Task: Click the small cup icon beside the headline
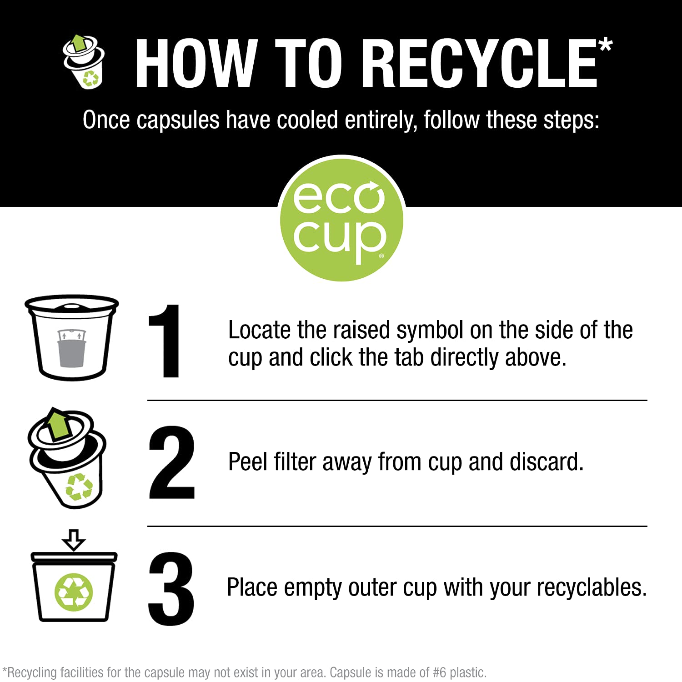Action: [x=84, y=61]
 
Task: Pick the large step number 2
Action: [x=172, y=462]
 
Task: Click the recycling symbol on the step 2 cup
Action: [x=79, y=486]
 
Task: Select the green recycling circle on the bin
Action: [x=74, y=592]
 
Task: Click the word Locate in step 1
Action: [x=259, y=330]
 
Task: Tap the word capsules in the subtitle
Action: [x=178, y=120]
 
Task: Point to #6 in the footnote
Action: [x=439, y=672]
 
